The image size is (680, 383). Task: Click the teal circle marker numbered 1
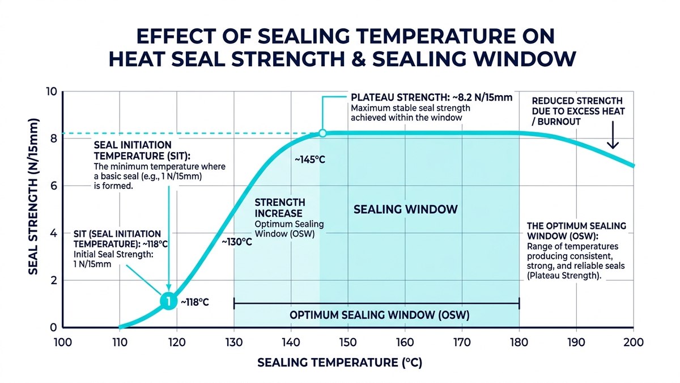168,301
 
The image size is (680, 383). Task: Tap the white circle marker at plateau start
322,133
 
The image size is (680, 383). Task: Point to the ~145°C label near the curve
310,159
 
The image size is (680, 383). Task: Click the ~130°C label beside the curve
237,242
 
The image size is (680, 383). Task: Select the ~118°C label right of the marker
195,302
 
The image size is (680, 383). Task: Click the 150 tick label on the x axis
348,343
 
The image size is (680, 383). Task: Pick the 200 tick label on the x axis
634,343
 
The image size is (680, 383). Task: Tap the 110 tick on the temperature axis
120,343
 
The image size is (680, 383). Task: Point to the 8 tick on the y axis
54,138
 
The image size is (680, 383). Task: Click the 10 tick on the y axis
52,91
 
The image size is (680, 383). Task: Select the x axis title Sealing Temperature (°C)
339,363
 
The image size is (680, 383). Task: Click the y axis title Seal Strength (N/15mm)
33,197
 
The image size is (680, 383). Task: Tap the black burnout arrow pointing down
613,135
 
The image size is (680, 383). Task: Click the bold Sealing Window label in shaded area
406,209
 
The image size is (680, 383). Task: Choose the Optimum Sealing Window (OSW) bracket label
380,315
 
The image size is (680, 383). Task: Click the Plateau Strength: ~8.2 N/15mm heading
431,98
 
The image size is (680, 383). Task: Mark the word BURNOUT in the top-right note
559,121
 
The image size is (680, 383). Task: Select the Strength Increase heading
280,208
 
